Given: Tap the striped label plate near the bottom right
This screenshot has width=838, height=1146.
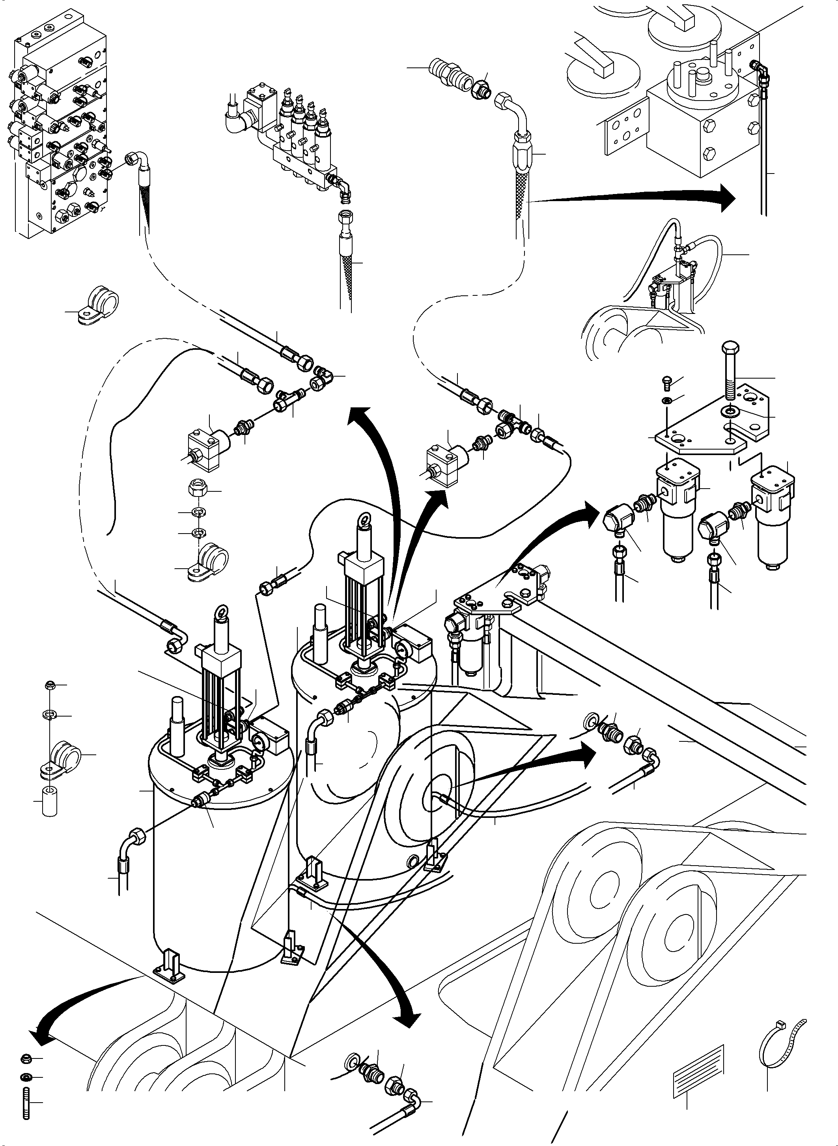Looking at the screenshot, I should click(x=698, y=1063).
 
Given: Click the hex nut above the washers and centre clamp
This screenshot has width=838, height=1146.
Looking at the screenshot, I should click(x=195, y=490).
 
